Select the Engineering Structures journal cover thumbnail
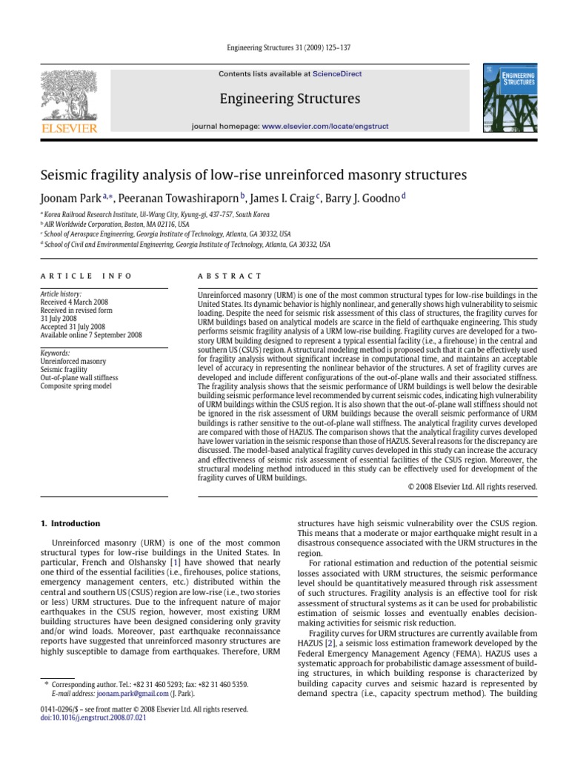coord(510,101)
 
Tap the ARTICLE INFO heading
coord(86,276)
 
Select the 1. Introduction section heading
coord(70,523)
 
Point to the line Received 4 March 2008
coord(75,302)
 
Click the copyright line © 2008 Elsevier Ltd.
coord(473,487)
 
